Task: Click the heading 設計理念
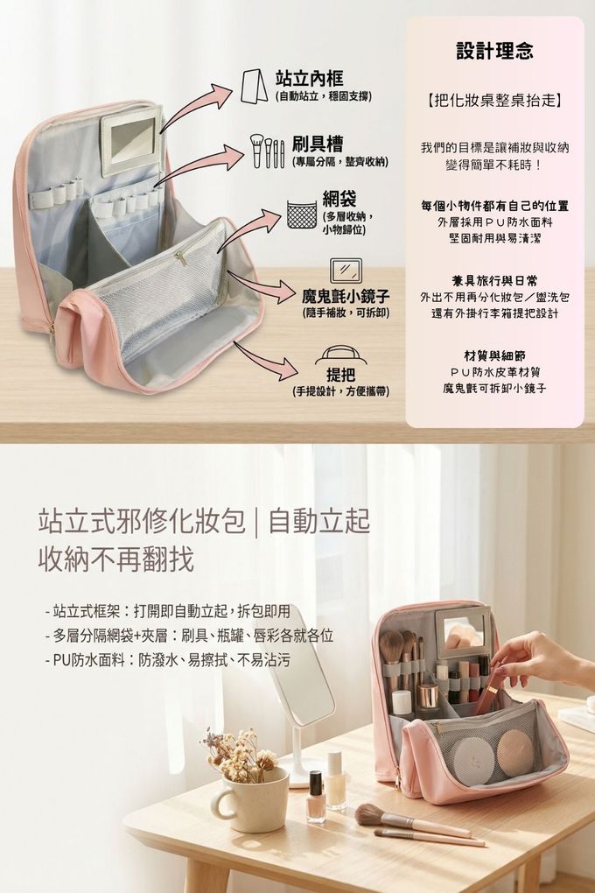[x=494, y=52]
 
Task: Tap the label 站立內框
[x=309, y=79]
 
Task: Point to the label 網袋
[x=339, y=198]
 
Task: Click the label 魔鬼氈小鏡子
[x=346, y=296]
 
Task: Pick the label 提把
[x=340, y=375]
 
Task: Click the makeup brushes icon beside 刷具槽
[x=267, y=151]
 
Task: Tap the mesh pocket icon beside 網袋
[x=301, y=214]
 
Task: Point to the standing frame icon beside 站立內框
[x=254, y=86]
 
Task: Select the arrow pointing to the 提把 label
[x=265, y=361]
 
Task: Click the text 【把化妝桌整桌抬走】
[x=494, y=102]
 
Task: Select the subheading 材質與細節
[x=494, y=356]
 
